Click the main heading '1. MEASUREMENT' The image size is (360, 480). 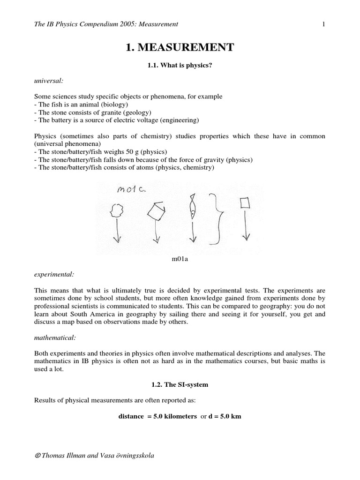180,47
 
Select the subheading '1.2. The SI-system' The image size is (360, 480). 180,384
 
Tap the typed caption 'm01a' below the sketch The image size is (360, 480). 180,259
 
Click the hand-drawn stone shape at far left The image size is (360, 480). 117,209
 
